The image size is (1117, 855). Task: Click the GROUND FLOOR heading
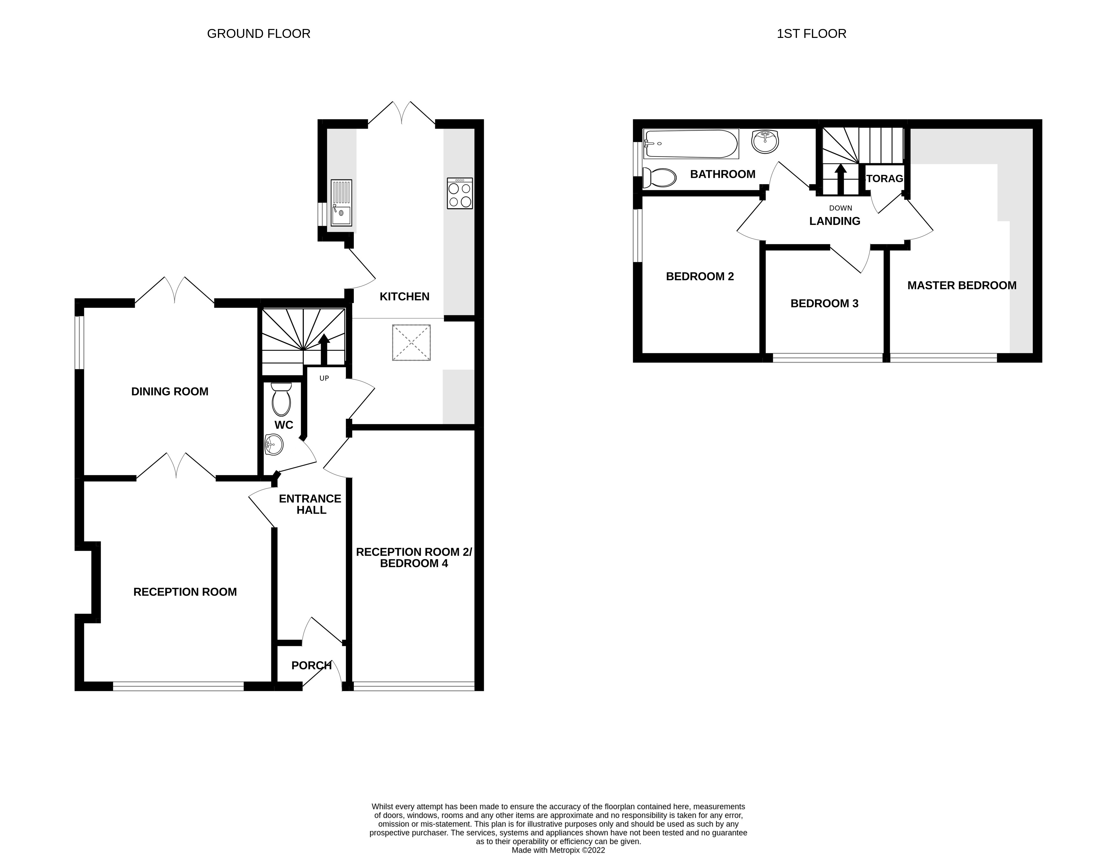pos(259,33)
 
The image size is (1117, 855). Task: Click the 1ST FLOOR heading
pos(811,33)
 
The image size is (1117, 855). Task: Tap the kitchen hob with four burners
pos(460,193)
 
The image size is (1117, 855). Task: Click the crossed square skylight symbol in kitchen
pos(411,342)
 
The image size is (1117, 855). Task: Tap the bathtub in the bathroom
pos(691,144)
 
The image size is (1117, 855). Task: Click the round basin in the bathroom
pos(765,141)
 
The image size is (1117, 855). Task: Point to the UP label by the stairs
pos(324,378)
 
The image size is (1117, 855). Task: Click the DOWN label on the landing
pos(840,208)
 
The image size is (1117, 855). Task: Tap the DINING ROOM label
pos(169,392)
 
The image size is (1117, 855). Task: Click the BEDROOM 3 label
pos(824,303)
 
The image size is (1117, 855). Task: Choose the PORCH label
pos(311,665)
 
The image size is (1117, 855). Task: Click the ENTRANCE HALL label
pos(310,504)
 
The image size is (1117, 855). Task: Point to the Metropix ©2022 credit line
pos(558,850)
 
